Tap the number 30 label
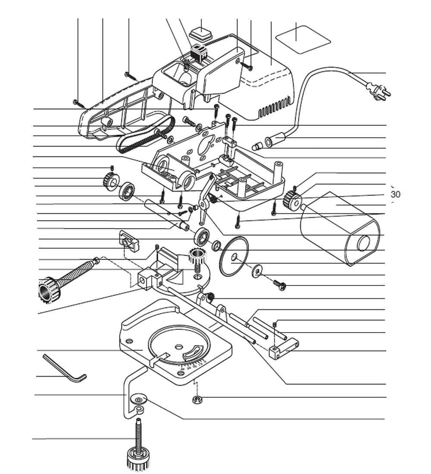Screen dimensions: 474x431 coord(395,195)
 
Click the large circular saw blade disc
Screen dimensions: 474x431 coord(234,257)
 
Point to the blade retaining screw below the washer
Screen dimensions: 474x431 coord(280,285)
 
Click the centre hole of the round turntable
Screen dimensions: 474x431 coord(178,346)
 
